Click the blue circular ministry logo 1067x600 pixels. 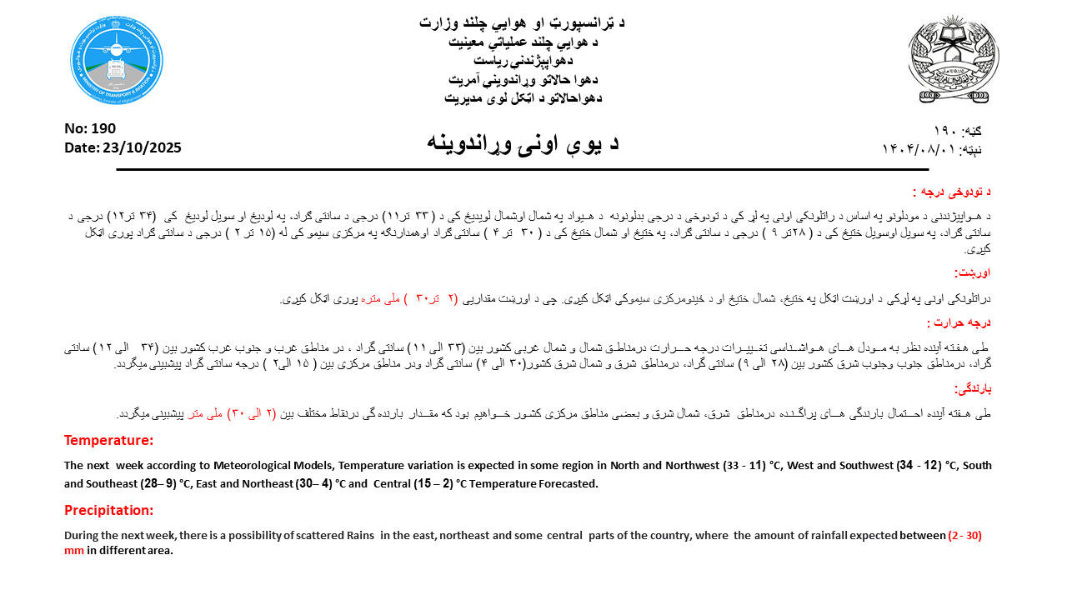tap(117, 59)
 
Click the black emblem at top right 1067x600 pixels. tap(954, 59)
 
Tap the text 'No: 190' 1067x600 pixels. tap(90, 128)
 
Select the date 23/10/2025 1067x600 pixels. tap(143, 147)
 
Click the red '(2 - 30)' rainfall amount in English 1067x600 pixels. tap(964, 536)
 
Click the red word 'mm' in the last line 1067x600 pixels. tap(74, 551)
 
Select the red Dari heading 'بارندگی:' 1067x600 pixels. tap(972, 388)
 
